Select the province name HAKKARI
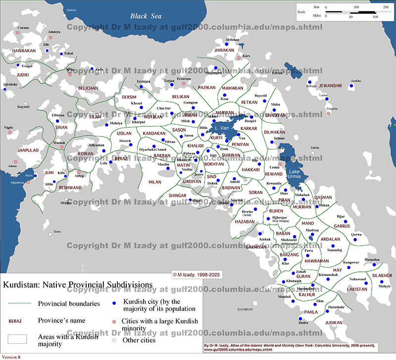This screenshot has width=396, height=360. point(250,170)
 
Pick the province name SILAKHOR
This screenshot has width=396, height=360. point(382,275)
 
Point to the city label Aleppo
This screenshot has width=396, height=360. point(65,203)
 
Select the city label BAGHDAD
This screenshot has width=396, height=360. point(245,309)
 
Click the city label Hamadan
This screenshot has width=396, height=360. point(372,259)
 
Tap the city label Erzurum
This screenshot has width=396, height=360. point(184,79)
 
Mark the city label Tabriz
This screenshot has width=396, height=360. point(315,148)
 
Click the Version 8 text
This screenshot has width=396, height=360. point(12,356)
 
